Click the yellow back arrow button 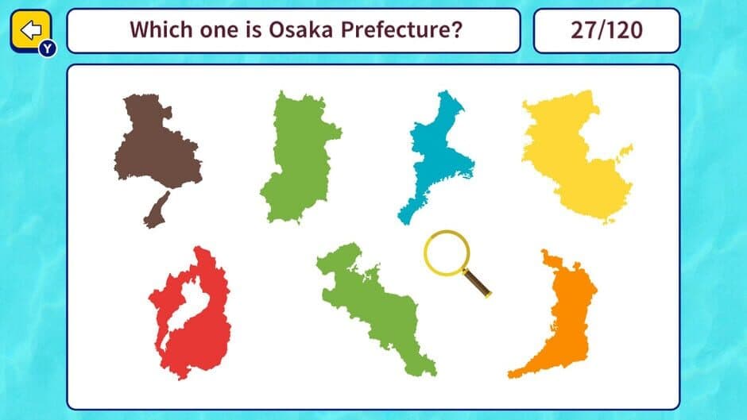pos(30,30)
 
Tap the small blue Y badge pos(48,49)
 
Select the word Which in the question pos(158,30)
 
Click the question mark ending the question pos(457,30)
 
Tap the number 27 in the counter pos(583,30)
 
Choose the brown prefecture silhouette pos(157,151)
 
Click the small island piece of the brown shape pos(156,210)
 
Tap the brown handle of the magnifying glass pos(478,283)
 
